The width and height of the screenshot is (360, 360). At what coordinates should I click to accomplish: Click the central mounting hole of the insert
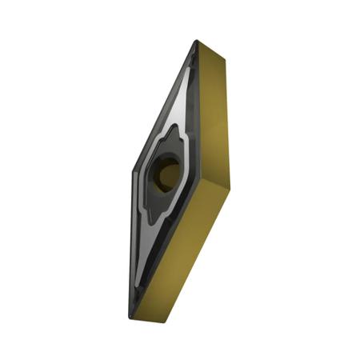[167, 172]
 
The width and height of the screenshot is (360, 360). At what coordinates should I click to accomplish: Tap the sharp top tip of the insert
[194, 42]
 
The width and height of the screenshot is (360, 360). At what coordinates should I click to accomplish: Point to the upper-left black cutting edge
[160, 104]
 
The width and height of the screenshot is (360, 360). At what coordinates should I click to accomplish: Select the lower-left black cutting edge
[131, 248]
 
